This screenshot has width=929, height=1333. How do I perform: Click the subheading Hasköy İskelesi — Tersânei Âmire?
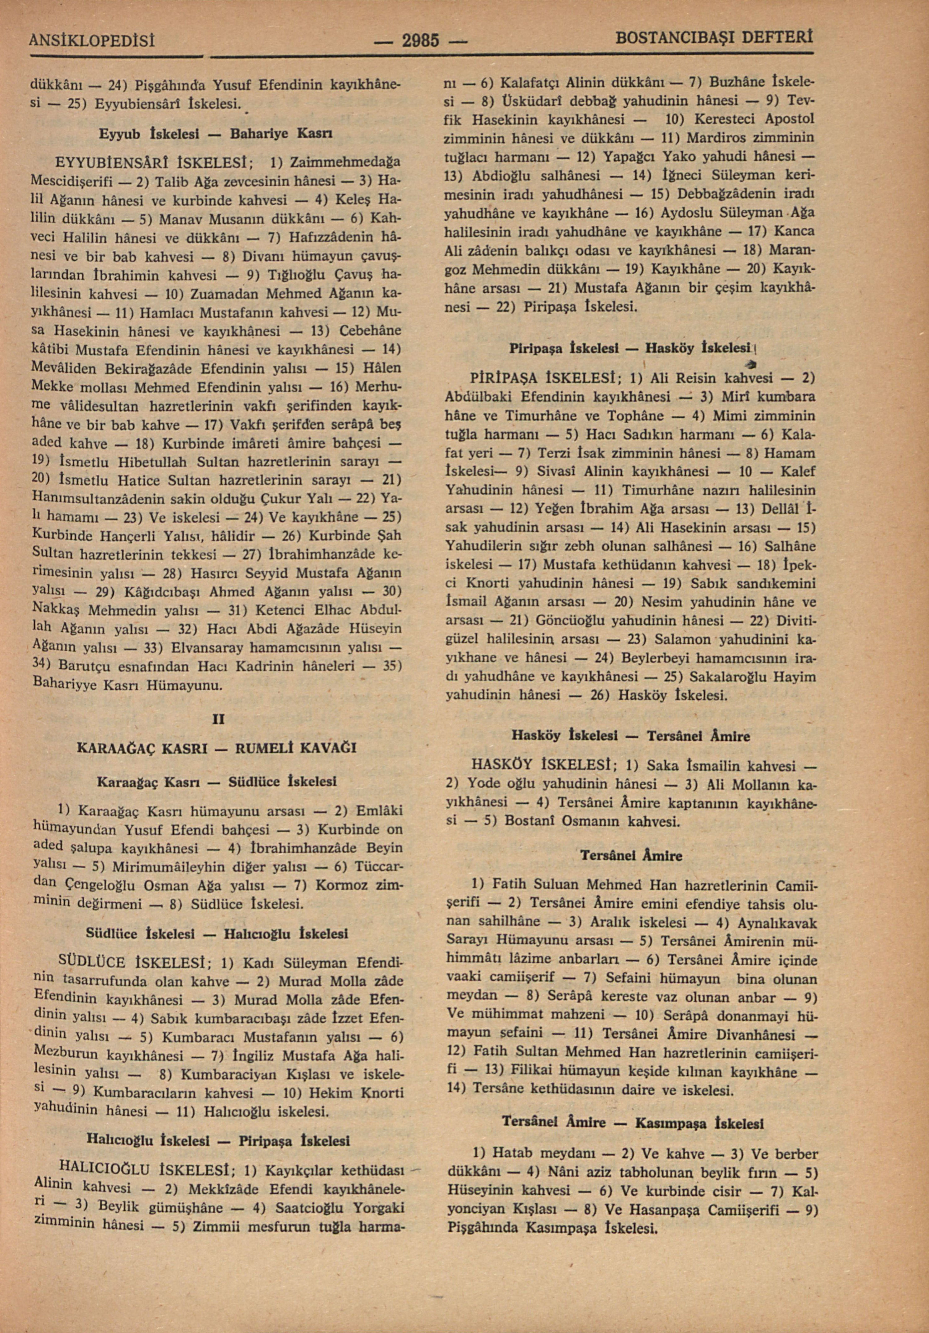tap(630, 736)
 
